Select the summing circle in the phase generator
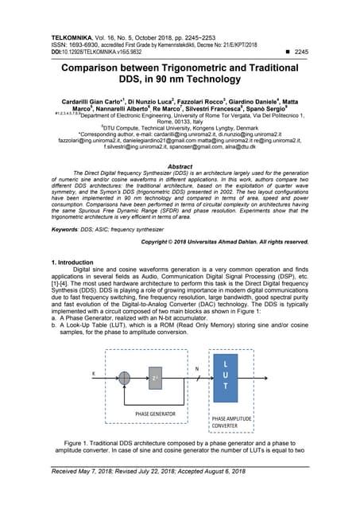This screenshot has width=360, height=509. click(x=124, y=373)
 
